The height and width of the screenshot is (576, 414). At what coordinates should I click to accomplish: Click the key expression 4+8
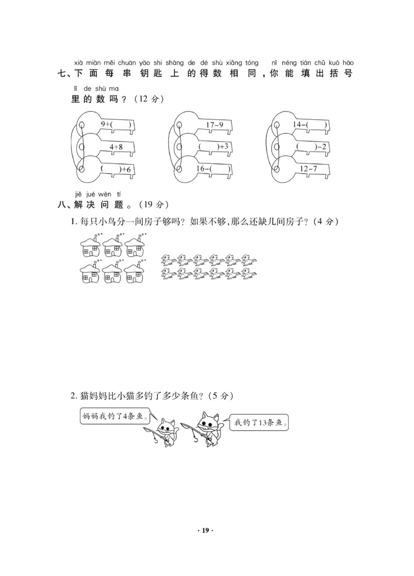coord(116,147)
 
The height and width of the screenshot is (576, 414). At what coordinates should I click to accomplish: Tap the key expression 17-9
coord(214,125)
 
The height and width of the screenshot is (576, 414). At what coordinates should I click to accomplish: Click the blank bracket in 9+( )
coord(121,124)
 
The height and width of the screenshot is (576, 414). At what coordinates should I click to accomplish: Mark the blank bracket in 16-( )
coord(220,168)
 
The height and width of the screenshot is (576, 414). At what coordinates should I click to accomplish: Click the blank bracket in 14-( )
coord(317,124)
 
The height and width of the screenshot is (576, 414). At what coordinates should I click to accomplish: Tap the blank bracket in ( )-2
coord(305,147)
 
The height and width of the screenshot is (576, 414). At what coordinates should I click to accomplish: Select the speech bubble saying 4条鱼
coord(114,416)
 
